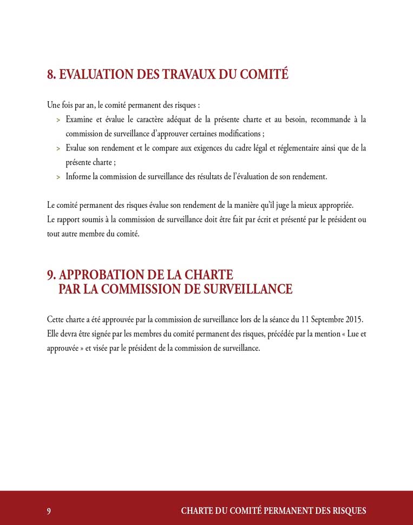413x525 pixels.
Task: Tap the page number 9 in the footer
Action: (x=49, y=511)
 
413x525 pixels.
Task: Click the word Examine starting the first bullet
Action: (x=80, y=119)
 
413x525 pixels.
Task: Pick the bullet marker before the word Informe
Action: (x=58, y=177)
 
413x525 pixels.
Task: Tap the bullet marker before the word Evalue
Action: (x=58, y=148)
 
